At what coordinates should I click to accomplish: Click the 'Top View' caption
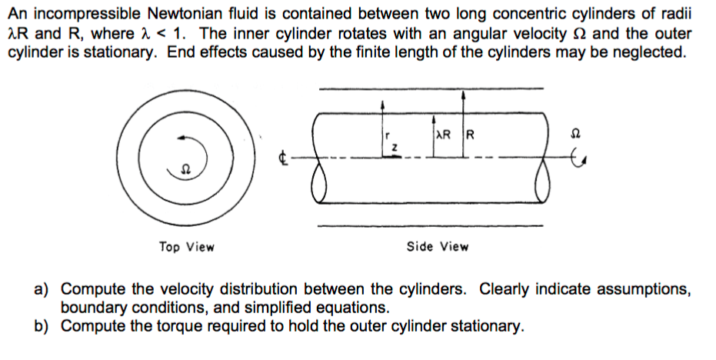[187, 247]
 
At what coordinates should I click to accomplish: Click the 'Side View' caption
[438, 247]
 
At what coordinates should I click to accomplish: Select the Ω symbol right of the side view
[571, 133]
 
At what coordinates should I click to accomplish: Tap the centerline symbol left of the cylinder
[282, 160]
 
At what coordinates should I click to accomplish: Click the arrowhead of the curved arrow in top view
[181, 138]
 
